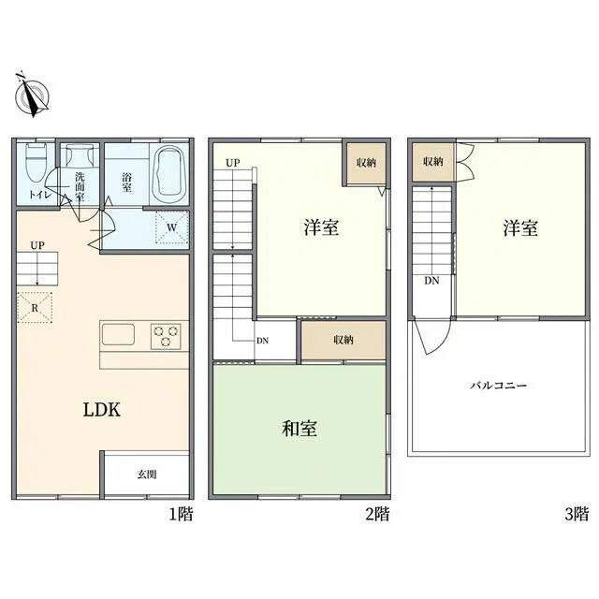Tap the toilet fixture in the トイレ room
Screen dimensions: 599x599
click(x=37, y=163)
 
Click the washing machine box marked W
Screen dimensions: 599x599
click(x=172, y=227)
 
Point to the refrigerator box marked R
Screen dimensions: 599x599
click(x=35, y=308)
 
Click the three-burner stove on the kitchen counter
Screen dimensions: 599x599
click(x=166, y=337)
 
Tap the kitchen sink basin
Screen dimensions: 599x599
click(x=118, y=334)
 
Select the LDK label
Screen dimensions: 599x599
click(x=102, y=410)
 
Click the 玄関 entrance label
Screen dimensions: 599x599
click(x=147, y=475)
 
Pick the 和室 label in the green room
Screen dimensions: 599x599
click(x=299, y=429)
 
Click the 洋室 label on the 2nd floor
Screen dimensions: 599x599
click(x=321, y=227)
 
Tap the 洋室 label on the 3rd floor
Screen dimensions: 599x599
click(x=520, y=227)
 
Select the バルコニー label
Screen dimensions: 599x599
click(x=498, y=385)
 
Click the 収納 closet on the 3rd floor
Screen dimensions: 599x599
click(x=433, y=162)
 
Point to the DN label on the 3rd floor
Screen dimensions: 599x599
click(x=431, y=281)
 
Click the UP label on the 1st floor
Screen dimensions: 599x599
click(x=37, y=245)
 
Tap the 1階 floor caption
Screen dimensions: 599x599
click(x=181, y=514)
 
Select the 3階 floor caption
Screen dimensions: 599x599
click(x=577, y=514)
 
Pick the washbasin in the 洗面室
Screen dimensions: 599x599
click(x=80, y=155)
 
